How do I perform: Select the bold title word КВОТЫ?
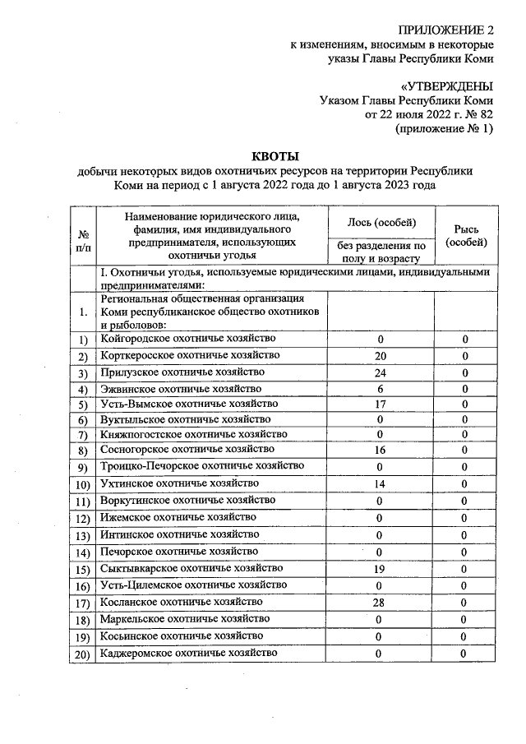pos(275,156)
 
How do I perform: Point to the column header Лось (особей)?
pos(380,223)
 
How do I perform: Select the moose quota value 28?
pos(380,603)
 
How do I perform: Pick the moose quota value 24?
pos(380,372)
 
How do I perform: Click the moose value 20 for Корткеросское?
pos(380,356)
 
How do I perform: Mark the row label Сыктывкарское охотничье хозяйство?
pos(192,568)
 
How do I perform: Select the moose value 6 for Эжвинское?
pos(380,389)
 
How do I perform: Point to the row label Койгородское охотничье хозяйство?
pos(188,339)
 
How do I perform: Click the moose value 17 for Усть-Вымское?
pos(380,404)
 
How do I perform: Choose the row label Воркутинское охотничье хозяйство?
pos(193,500)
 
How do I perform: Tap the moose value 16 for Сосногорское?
pos(380,451)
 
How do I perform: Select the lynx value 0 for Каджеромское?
pos(464,654)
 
